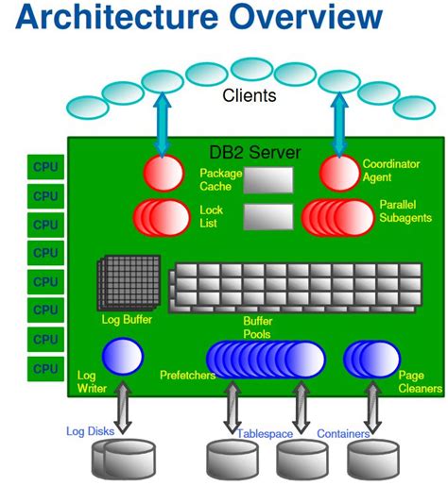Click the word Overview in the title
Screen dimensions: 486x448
[x=293, y=19]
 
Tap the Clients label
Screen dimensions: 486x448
[x=249, y=94]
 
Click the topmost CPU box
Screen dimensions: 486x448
[x=44, y=168]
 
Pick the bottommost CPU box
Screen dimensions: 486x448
[x=44, y=367]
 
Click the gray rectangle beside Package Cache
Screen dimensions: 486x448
[x=267, y=179]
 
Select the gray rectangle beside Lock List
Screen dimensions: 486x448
[x=267, y=217]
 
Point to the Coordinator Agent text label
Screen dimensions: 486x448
[x=386, y=171]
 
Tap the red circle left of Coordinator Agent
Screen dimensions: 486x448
[x=337, y=174]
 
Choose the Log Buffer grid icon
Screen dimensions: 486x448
[x=121, y=283]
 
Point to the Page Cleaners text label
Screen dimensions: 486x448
[x=416, y=380]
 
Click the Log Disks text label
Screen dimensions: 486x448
[x=91, y=431]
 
